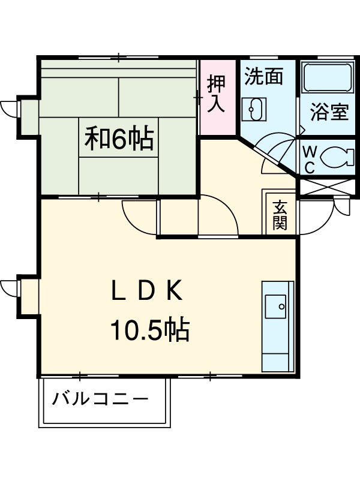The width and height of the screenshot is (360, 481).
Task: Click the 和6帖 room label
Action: [x=118, y=139]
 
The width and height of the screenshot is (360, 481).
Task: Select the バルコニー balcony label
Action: [x=100, y=399]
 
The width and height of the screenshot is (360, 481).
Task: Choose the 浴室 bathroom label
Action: [x=329, y=112]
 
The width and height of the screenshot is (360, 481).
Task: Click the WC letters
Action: [x=309, y=159]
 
